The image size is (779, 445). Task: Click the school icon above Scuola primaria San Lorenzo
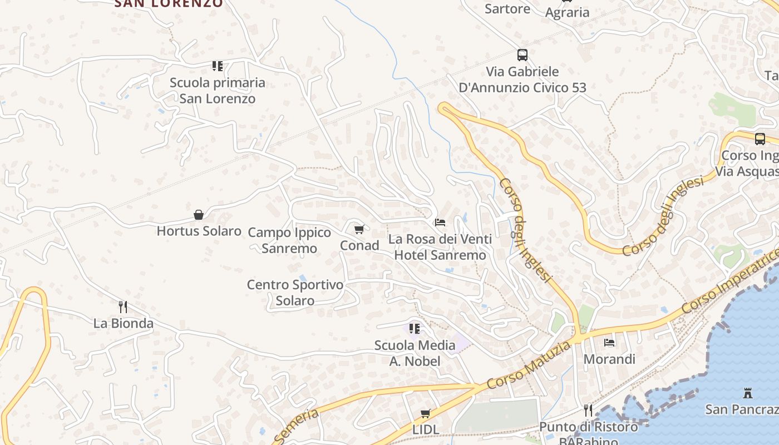(x=218, y=66)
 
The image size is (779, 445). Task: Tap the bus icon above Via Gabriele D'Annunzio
(x=522, y=55)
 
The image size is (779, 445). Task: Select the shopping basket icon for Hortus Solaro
(x=199, y=215)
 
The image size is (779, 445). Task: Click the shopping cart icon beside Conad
(x=359, y=229)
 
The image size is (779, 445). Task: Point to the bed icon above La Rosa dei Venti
(x=440, y=222)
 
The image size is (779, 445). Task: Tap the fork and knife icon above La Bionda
(x=123, y=306)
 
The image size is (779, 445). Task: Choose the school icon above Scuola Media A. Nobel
(x=415, y=329)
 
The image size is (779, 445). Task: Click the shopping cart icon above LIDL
(x=426, y=413)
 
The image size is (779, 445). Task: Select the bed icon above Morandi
(x=609, y=343)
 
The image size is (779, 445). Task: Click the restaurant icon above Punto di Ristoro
(x=588, y=411)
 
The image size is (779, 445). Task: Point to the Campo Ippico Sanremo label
(x=289, y=240)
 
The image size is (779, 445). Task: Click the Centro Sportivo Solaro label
(x=295, y=293)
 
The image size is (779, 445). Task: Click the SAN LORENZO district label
(x=168, y=3)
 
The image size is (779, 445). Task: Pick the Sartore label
(x=507, y=9)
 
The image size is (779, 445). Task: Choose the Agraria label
(x=567, y=12)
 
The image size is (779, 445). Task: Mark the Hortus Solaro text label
(x=199, y=231)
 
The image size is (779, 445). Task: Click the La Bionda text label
(x=123, y=323)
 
